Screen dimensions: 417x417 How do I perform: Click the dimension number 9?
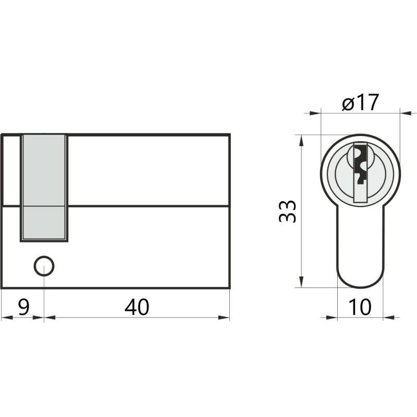pos(24,307)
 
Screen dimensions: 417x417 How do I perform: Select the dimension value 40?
pos(137,307)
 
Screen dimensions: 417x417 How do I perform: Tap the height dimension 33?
pos(287,211)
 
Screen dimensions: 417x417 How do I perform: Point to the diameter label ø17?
pos(360,102)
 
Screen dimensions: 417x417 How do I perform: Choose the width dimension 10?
pos(359,307)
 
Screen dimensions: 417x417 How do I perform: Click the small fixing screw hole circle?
pos(44,266)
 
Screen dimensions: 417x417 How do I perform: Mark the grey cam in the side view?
pos(44,188)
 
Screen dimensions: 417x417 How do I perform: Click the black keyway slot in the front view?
pos(360,164)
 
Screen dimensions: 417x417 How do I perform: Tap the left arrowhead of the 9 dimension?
pos(7,317)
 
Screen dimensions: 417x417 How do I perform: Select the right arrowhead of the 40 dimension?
pos(224,317)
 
